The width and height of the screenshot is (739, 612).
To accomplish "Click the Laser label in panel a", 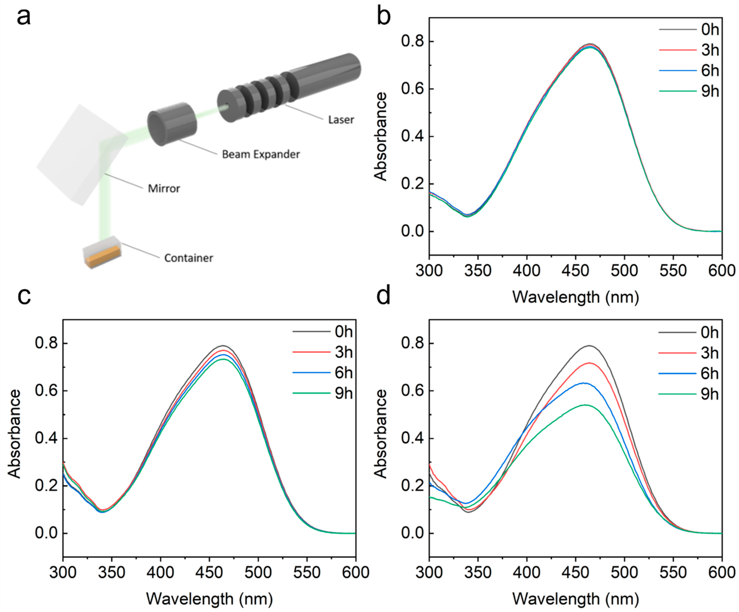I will click(341, 120).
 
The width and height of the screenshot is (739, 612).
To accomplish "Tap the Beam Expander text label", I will click(261, 154).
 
